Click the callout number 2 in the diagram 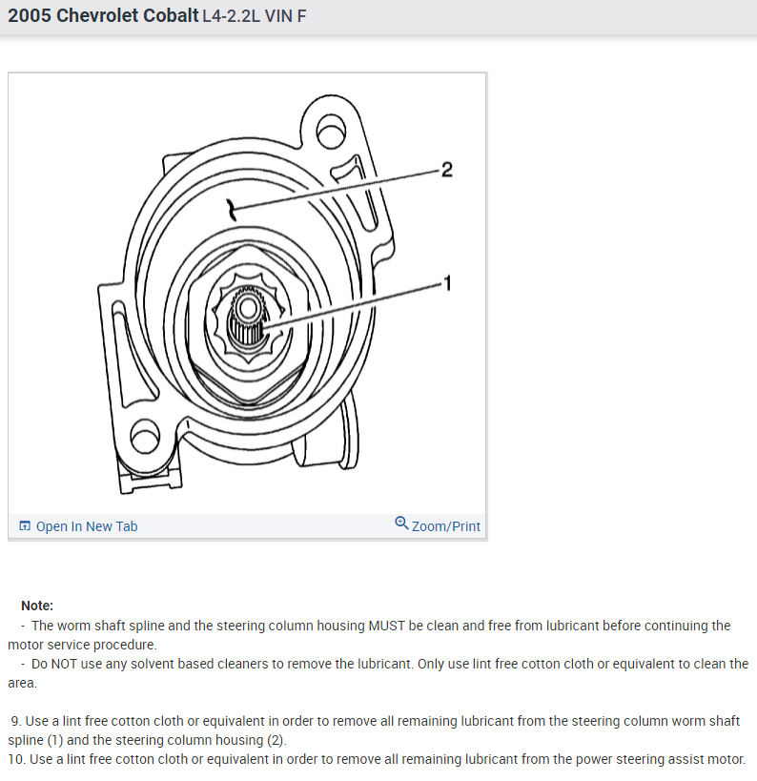coord(447,170)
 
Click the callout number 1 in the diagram coord(445,282)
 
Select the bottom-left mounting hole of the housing coord(143,438)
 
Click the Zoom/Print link coord(445,526)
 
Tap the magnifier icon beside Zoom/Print coord(401,524)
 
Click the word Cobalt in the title coord(168,16)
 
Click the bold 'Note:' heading coord(37,606)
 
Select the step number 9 coord(14,721)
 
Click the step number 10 coord(16,759)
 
